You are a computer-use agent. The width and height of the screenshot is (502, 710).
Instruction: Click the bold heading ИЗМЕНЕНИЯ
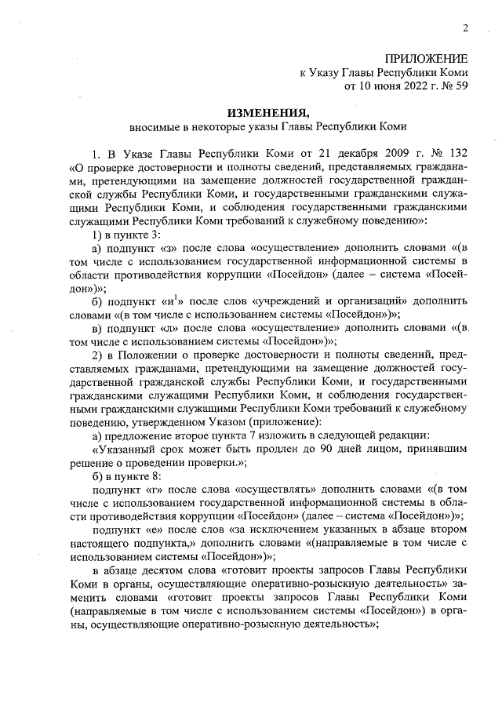click(x=267, y=112)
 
